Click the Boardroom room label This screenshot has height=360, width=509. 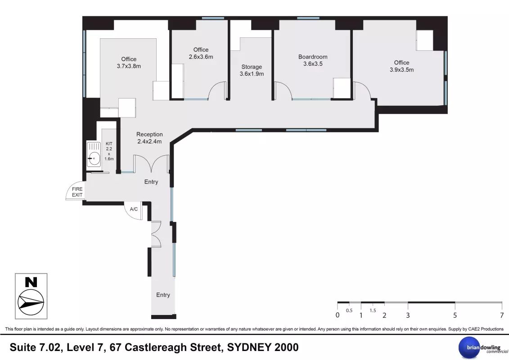[313, 57]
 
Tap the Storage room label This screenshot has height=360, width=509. [251, 67]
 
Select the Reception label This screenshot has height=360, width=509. [149, 135]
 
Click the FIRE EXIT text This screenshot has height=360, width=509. [77, 192]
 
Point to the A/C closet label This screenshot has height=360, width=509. [134, 209]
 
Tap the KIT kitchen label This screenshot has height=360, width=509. [109, 144]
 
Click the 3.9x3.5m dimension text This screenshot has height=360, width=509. [401, 70]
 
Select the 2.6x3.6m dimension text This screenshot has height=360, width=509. [201, 57]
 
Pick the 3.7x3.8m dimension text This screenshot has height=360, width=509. [129, 66]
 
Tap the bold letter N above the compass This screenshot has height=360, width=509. [31, 282]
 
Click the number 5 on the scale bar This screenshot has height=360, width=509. [455, 315]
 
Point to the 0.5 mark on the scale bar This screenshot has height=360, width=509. [349, 310]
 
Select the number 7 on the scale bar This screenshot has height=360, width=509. [502, 315]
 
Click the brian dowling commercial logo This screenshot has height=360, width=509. [483, 348]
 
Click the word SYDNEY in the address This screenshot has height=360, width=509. [249, 347]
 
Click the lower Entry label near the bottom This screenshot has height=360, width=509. [163, 295]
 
